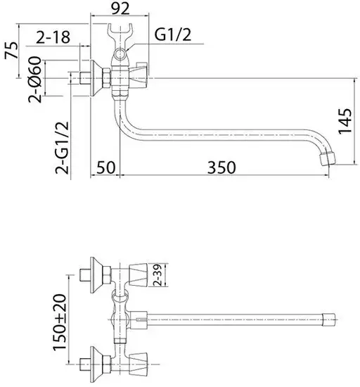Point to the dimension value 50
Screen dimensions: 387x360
[106, 167]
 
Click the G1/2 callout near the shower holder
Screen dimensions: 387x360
[171, 35]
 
